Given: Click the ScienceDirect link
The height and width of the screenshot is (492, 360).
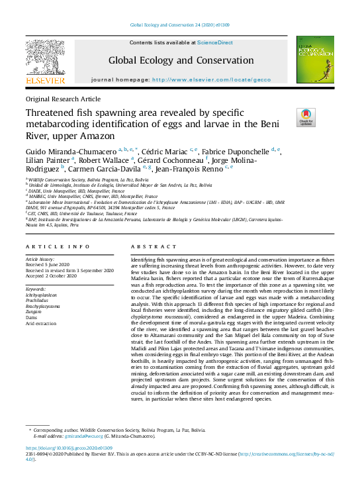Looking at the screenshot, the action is [214, 42].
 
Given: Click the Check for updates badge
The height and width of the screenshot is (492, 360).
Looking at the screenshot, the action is [306, 117].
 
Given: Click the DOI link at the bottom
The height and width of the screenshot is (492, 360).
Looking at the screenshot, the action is [69, 448].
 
